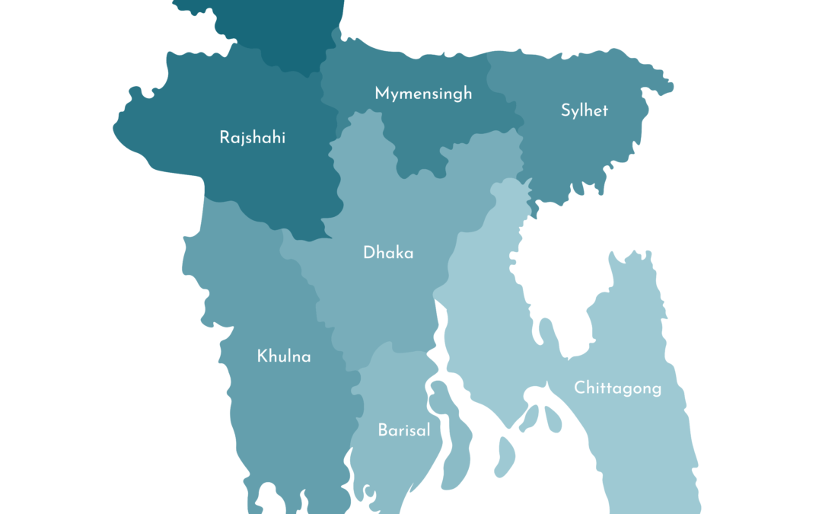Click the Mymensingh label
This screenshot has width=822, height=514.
423,94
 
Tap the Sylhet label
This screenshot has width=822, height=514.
585,110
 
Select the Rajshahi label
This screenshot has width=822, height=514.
253,138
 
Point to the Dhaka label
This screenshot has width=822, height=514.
388,253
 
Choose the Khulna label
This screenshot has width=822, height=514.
284,356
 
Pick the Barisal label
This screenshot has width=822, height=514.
404,430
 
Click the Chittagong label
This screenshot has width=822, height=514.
617,388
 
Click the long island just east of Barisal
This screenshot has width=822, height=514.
449,434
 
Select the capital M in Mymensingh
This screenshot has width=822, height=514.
381,93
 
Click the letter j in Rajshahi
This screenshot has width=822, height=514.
244,139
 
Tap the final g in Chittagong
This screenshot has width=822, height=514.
656,391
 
